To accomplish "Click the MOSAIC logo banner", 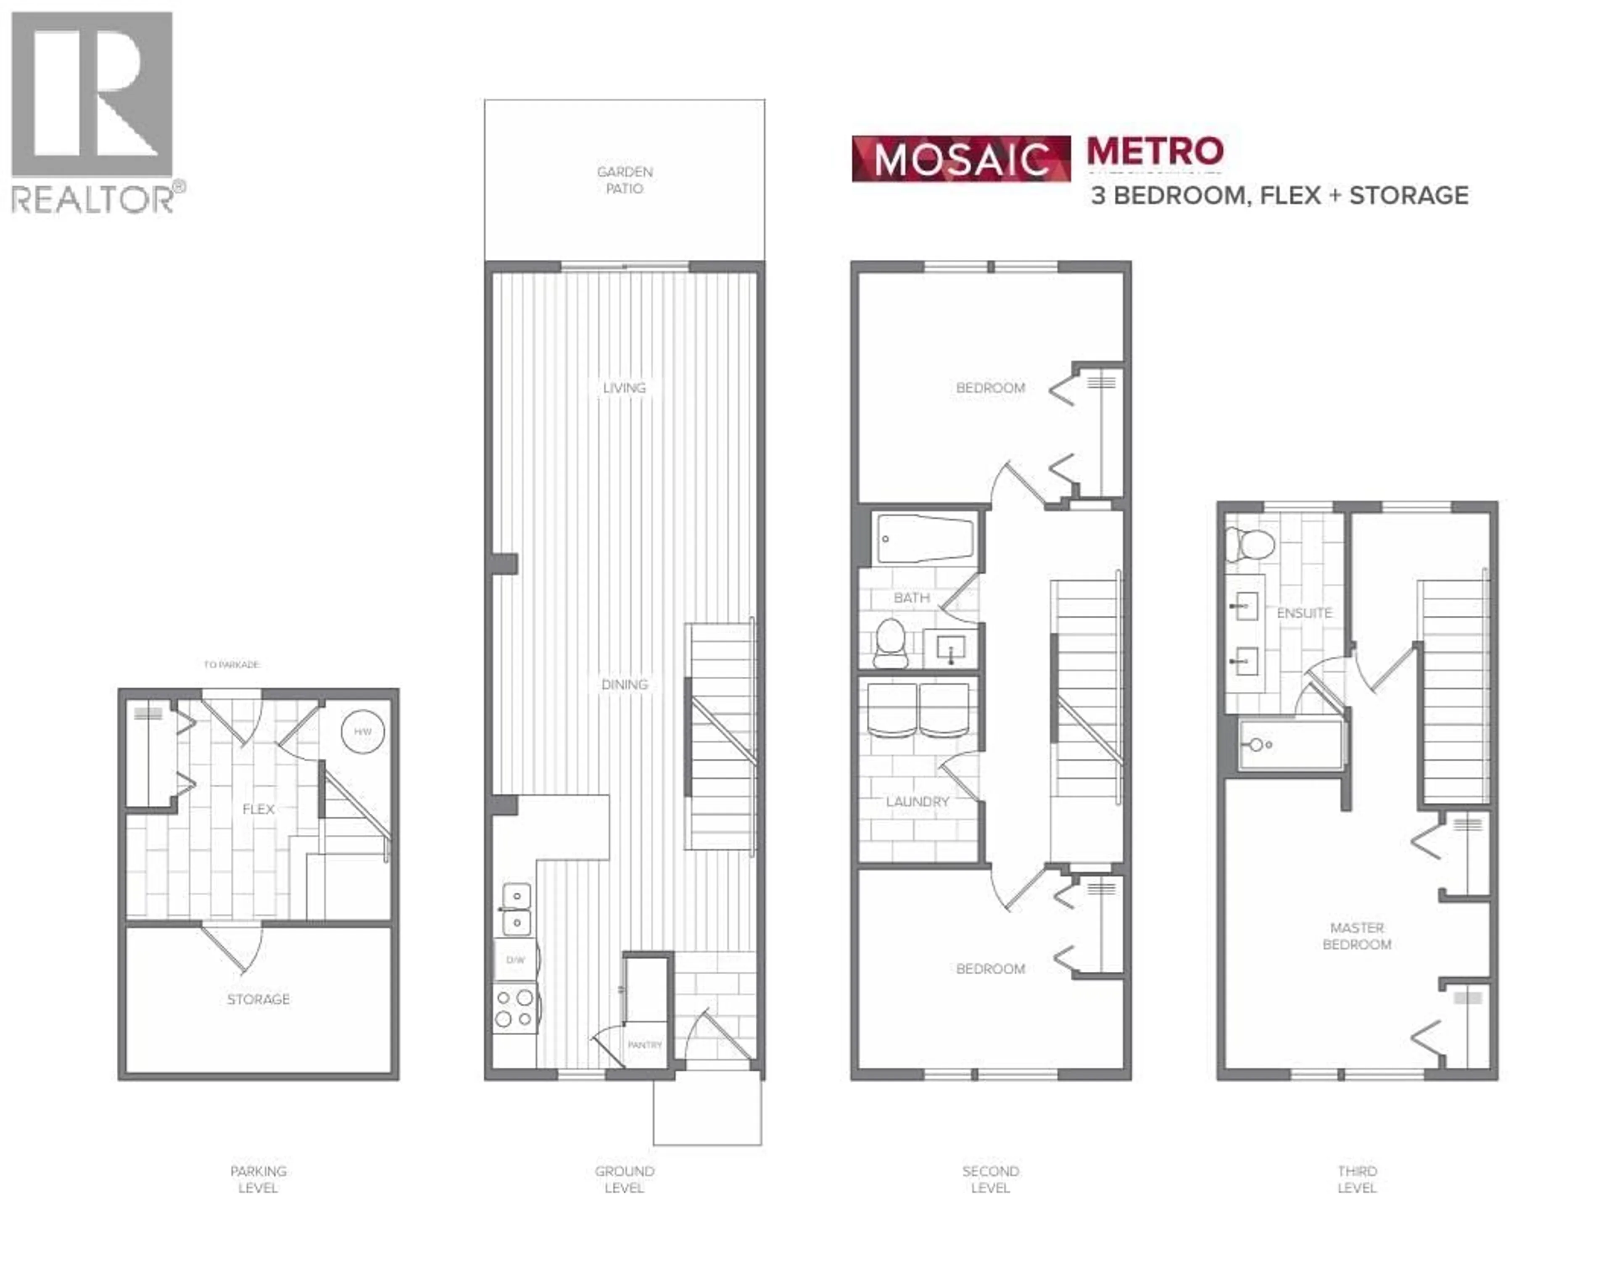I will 961,159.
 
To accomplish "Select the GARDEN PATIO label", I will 624,180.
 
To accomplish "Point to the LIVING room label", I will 624,388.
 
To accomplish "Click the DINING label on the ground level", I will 624,684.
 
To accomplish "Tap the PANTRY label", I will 645,1044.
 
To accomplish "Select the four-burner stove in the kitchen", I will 514,1008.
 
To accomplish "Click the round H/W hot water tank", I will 362,731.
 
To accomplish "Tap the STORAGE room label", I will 258,999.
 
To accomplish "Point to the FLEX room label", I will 258,809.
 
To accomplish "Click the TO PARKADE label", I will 231,664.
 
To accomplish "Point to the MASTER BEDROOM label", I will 1356,936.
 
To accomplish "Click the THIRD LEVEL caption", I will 1356,1179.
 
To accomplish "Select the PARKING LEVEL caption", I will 258,1179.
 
